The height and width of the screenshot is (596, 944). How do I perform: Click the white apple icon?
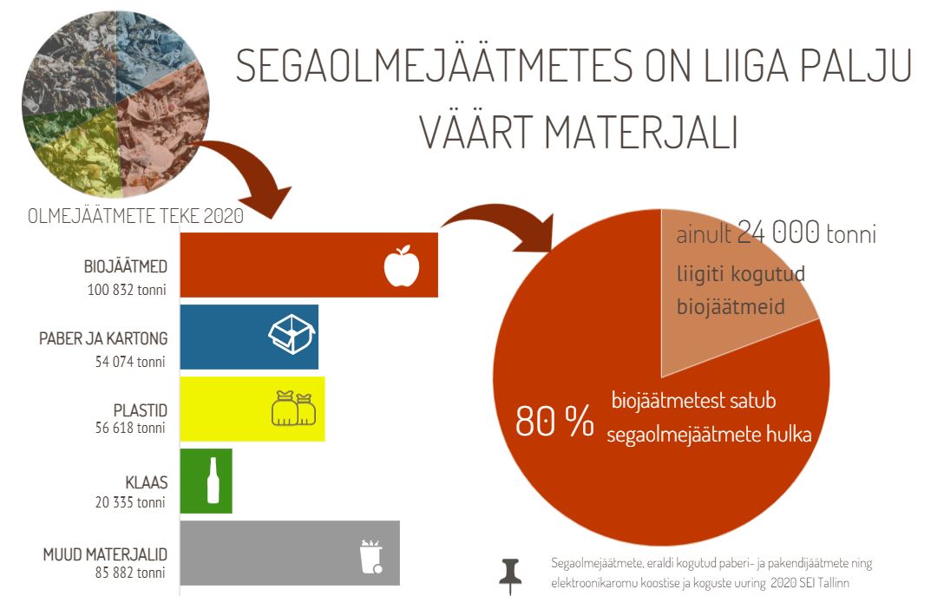402,265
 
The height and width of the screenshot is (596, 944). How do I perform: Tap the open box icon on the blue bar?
292,334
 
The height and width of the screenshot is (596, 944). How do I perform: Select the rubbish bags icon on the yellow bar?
294,409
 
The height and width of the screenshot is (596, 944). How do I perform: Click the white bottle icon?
213,480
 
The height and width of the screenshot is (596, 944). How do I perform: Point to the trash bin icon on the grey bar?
371,556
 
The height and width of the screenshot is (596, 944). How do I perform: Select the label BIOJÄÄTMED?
125,266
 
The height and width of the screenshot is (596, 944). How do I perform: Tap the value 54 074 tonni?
130,362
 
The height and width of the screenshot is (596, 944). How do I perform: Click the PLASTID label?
141,410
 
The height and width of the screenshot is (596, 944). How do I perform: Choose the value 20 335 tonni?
130,502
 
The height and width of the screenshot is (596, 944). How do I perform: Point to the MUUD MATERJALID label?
105,553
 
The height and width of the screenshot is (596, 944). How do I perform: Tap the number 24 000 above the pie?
778,232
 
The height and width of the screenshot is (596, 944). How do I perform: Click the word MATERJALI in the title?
641,132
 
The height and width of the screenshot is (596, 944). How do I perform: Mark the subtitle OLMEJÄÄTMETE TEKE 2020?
135,215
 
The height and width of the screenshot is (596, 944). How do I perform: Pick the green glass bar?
206,481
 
